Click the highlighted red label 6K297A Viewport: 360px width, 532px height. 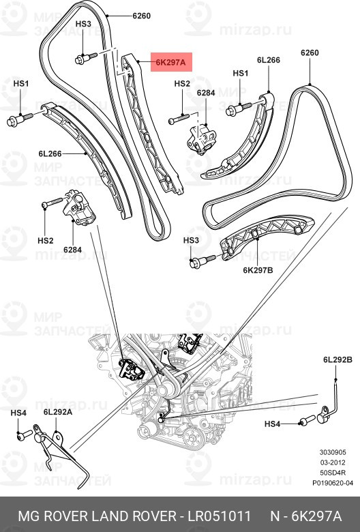pos(170,62)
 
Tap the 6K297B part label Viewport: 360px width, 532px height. pos(258,269)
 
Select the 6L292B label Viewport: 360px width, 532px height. pos(337,359)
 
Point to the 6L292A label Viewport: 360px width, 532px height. pos(57,412)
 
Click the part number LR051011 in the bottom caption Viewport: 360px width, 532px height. pos(214,514)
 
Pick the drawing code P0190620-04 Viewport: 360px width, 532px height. pos(333,483)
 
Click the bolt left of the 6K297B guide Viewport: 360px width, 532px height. pos(202,259)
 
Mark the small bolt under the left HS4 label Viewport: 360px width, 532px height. pos(23,433)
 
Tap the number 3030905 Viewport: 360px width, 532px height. pos(333,452)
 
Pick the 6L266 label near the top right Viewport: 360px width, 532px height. pos(268,60)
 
